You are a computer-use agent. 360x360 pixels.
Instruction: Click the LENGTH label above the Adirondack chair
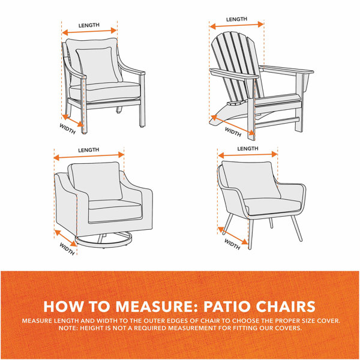[x=236, y=19]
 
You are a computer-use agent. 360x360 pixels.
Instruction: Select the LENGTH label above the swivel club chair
[x=89, y=149]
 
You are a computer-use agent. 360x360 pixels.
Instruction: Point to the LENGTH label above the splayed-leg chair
[x=248, y=148]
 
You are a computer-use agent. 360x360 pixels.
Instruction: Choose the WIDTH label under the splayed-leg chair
[x=233, y=243]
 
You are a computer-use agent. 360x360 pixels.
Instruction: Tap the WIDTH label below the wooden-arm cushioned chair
[x=67, y=129]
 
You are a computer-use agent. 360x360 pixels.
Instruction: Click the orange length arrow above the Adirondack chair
[x=236, y=26]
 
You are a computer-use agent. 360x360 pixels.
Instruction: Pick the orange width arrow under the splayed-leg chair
[x=235, y=235]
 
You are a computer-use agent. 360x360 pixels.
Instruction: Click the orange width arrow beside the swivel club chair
[x=65, y=237]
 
